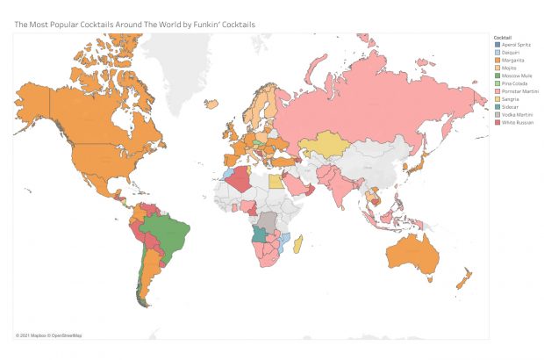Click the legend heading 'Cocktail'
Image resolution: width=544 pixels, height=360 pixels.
tap(503, 37)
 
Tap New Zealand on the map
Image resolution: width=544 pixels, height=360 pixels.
tap(462, 281)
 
